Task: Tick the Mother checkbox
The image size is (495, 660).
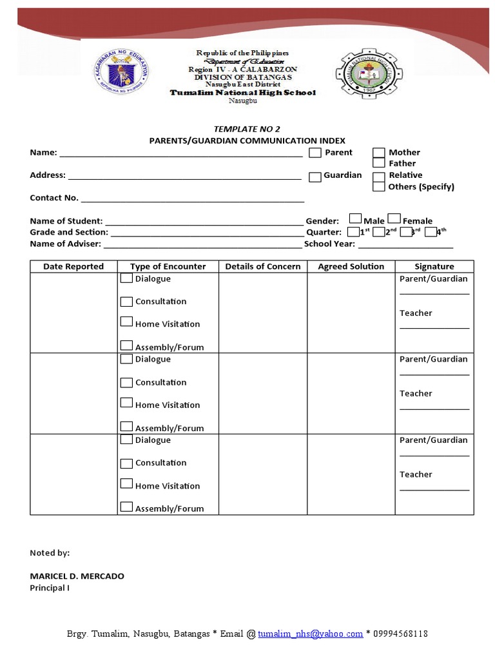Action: point(379,153)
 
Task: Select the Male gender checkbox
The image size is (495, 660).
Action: point(355,219)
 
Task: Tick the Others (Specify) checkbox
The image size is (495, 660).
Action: point(379,186)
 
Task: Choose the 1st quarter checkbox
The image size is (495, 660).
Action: point(353,232)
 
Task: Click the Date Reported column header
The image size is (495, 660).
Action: point(73,266)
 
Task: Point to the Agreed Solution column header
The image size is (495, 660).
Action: point(351,266)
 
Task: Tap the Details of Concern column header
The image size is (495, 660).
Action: point(262,266)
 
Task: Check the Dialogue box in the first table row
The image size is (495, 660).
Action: point(126,278)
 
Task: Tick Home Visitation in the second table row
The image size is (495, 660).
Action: point(126,403)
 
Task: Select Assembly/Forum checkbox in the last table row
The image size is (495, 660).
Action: point(126,507)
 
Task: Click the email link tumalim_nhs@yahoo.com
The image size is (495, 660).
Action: point(310,634)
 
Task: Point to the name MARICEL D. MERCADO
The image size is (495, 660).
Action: point(77,576)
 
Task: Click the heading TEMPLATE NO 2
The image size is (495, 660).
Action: point(247,129)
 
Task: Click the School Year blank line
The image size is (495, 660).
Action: point(405,245)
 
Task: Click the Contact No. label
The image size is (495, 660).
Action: point(54,198)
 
